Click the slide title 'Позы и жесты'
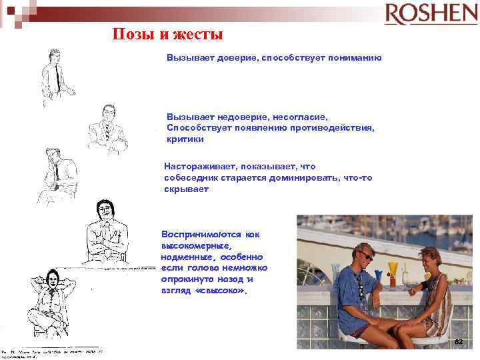click(x=167, y=34)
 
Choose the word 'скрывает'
click(x=187, y=189)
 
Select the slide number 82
click(x=458, y=341)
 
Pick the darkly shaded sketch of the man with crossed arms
click(x=107, y=233)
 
